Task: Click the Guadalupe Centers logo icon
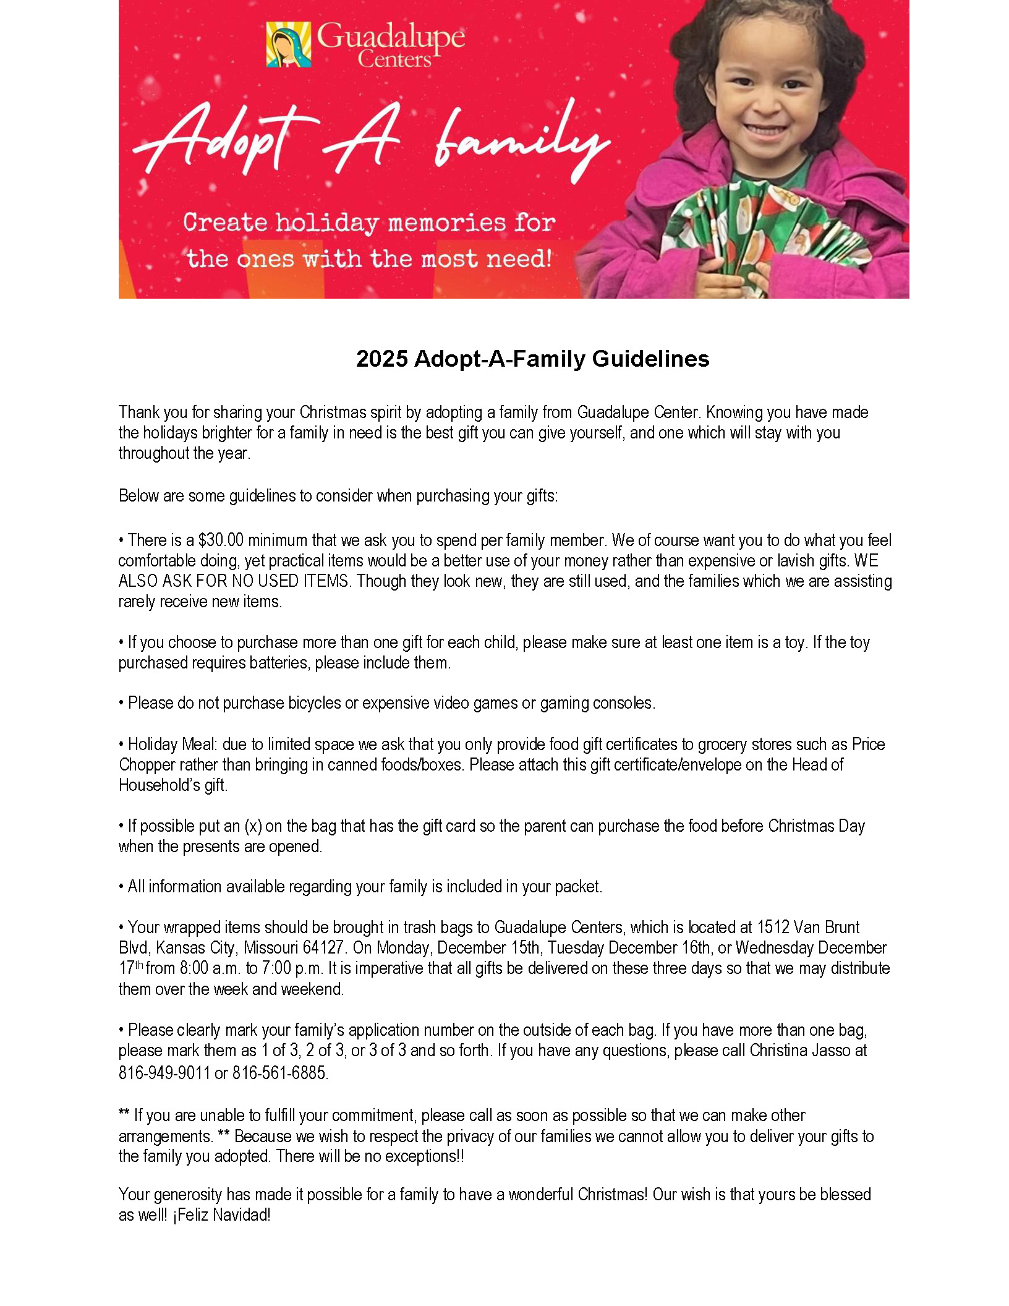point(289,45)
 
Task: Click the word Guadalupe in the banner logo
point(391,38)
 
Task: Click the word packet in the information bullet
point(577,887)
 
